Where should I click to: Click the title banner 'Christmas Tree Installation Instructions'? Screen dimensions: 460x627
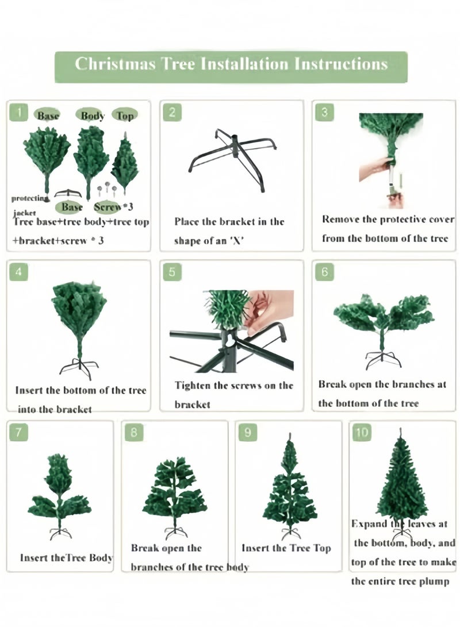click(x=231, y=67)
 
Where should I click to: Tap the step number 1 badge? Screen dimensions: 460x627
click(x=18, y=112)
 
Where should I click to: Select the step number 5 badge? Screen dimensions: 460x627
click(x=172, y=272)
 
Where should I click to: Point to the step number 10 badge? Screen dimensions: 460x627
click(x=362, y=432)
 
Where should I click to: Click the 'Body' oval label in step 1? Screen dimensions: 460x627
click(x=93, y=115)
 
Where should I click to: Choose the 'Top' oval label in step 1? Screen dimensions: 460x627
click(x=125, y=115)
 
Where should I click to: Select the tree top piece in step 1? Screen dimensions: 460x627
click(x=125, y=164)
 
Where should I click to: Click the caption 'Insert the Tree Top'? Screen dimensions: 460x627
click(x=286, y=548)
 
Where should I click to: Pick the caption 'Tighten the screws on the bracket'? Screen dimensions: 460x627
click(x=234, y=395)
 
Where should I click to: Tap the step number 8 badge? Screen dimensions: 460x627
click(x=133, y=432)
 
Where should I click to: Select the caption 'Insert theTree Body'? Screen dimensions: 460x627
click(x=66, y=557)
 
